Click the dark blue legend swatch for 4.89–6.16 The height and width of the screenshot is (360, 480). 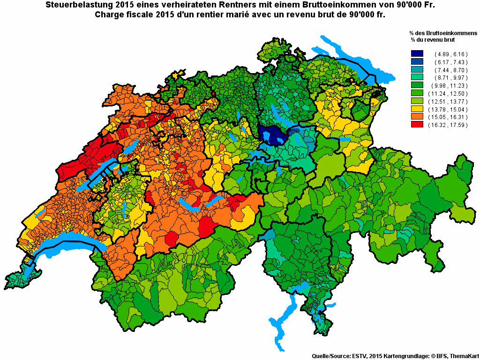(417, 54)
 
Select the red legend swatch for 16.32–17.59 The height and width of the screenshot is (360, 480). (417, 125)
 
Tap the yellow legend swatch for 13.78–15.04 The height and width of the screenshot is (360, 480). (417, 109)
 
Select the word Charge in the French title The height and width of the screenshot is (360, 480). (110, 15)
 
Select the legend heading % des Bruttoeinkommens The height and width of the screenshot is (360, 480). (443, 33)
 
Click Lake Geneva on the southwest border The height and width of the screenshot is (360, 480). (66, 248)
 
